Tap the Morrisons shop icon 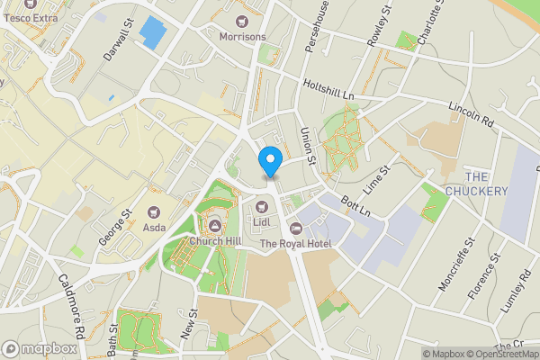(242, 21)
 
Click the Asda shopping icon (153, 211)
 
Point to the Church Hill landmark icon (214, 226)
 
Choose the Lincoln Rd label (473, 113)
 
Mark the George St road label (115, 228)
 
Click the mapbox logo (39, 348)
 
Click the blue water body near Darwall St (153, 32)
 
